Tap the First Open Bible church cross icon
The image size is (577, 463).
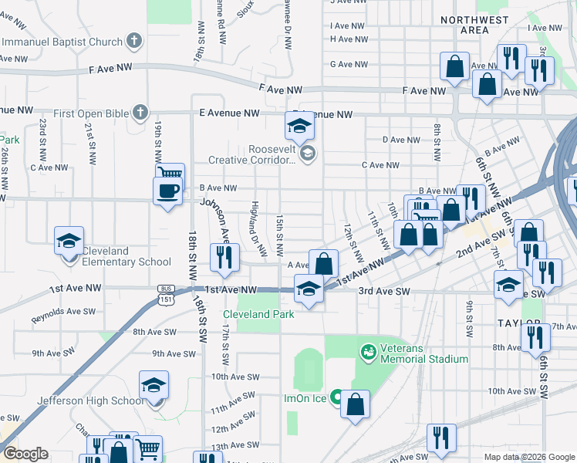pos(140,113)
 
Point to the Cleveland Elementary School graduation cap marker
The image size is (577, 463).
pos(69,241)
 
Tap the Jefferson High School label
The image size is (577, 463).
pos(91,400)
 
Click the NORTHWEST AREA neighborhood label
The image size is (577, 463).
pos(474,25)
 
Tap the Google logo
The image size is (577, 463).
pos(25,453)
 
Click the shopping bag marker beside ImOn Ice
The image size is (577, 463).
pos(355,404)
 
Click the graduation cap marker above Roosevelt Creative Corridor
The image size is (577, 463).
pos(299,125)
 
